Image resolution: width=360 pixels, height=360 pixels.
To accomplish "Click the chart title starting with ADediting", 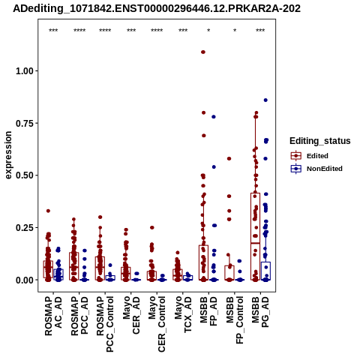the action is point(157,9).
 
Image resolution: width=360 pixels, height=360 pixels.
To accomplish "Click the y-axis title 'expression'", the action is point(8,155).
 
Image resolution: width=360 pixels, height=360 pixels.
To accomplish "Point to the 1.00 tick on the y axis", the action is point(25,71).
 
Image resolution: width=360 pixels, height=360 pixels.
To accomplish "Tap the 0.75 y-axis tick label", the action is point(25,123).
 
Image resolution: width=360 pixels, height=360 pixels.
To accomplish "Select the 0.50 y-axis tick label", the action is point(25,175).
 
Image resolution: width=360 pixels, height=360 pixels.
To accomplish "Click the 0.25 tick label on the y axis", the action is point(25,228).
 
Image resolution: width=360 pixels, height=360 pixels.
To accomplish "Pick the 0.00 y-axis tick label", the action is point(25,280).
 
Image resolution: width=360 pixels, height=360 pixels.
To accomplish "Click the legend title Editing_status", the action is point(320,141).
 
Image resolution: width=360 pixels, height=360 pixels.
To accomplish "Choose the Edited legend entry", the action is point(310,156).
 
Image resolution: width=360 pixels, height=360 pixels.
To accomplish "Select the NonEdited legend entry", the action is point(316,169).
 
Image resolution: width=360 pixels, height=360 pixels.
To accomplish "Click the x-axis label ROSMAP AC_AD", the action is point(53,316).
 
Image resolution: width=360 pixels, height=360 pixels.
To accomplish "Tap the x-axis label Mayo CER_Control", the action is point(157,324).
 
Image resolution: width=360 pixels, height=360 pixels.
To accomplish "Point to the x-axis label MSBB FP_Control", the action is point(235,320).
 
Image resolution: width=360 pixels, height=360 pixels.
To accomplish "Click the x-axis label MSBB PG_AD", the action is point(260,312).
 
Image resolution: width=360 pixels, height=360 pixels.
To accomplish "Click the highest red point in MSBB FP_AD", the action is point(203,52).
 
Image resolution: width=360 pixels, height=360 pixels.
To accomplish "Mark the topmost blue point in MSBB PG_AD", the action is point(265,100).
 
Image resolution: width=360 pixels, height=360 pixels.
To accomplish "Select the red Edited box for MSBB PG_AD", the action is point(255,236).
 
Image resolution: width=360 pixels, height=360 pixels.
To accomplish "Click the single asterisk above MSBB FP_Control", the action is point(235,30).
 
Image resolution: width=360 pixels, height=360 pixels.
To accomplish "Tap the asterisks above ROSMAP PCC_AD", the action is point(79,30).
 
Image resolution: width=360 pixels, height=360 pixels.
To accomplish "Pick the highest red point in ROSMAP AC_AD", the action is point(48,211).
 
